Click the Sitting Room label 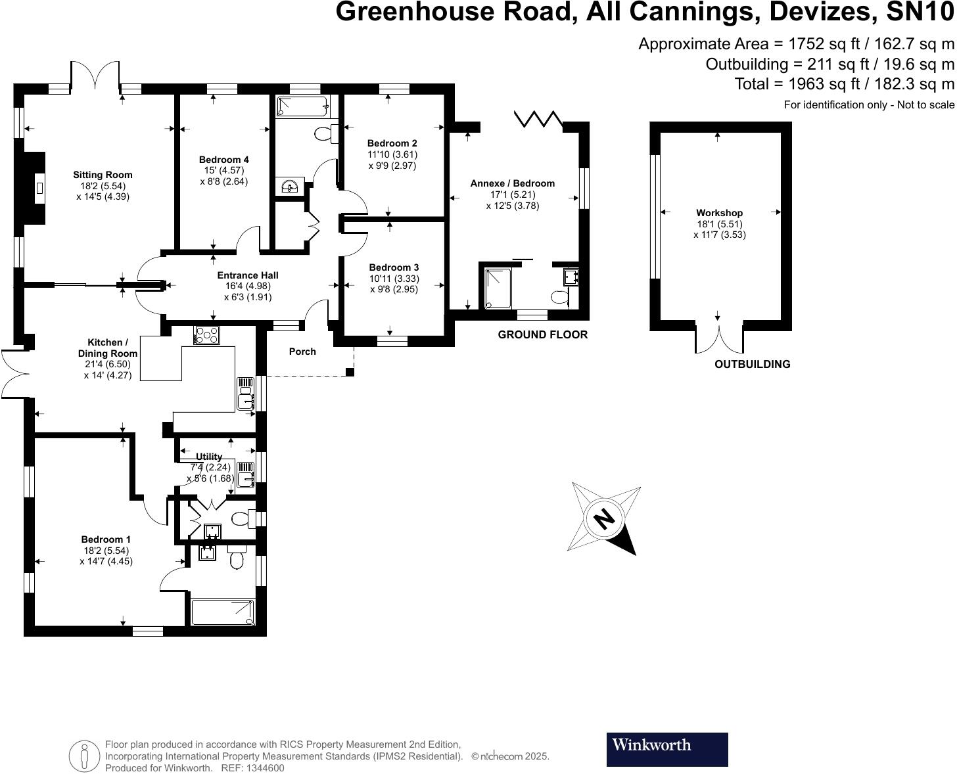(x=103, y=175)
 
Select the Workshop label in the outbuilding (x=719, y=213)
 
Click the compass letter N (x=604, y=518)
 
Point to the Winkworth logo (x=666, y=749)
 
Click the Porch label (x=302, y=352)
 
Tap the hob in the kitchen (x=208, y=334)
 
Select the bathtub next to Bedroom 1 (x=223, y=612)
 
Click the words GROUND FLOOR (x=542, y=334)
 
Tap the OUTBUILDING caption (x=752, y=364)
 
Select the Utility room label (x=209, y=457)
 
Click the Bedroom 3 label (x=394, y=267)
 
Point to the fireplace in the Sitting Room (x=39, y=187)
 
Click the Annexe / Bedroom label (x=512, y=183)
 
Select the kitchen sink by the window (x=246, y=394)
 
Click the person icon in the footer (x=84, y=756)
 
